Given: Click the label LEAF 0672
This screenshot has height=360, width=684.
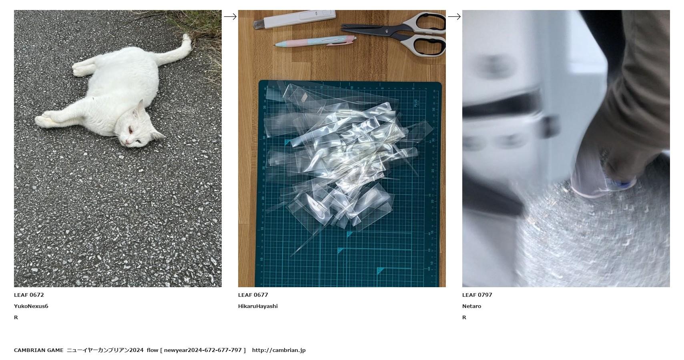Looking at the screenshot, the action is pyautogui.click(x=29, y=295).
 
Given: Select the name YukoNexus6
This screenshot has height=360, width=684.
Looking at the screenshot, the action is pyautogui.click(x=31, y=306).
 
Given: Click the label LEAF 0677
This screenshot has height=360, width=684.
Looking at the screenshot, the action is pyautogui.click(x=253, y=295).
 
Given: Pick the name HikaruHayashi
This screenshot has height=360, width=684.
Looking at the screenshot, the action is pyautogui.click(x=258, y=306).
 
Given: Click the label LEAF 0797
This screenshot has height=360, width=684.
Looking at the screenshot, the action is pyautogui.click(x=477, y=295).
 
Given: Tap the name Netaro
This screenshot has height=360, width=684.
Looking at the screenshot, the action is pyautogui.click(x=472, y=306).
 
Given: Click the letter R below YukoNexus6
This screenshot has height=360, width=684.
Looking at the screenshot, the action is pyautogui.click(x=16, y=318).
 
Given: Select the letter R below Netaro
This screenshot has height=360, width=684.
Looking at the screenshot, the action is pyautogui.click(x=464, y=318).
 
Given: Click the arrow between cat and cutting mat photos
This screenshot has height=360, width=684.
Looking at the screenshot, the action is pyautogui.click(x=230, y=16).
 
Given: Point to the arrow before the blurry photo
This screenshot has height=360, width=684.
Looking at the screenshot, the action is pyautogui.click(x=454, y=16).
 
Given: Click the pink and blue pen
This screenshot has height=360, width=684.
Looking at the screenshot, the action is pyautogui.click(x=315, y=41).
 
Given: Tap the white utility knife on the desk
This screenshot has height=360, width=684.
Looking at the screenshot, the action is pyautogui.click(x=294, y=19).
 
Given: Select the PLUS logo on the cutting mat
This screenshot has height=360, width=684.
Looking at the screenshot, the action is pyautogui.click(x=416, y=103).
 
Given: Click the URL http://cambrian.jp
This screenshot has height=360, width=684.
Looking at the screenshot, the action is pyautogui.click(x=279, y=350).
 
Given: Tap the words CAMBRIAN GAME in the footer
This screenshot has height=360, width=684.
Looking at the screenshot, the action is pyautogui.click(x=39, y=350).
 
